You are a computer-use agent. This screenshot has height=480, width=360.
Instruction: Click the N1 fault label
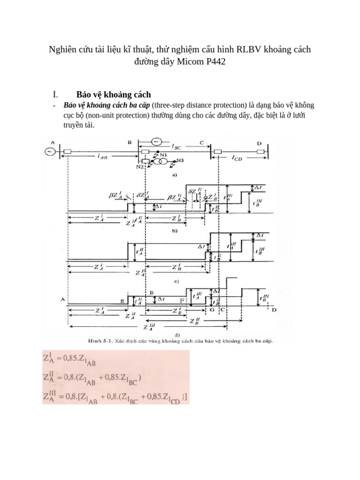point(164,154)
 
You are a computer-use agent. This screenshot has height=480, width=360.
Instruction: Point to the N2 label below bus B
point(140,166)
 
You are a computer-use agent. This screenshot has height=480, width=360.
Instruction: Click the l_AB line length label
point(103,157)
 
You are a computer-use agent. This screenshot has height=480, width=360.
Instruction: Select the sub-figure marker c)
point(174,281)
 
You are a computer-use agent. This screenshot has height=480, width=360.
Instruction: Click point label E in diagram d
point(123,302)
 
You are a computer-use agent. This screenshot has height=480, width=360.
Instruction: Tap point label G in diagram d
point(212,310)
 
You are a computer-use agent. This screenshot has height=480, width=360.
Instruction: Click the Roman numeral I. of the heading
point(55,94)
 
